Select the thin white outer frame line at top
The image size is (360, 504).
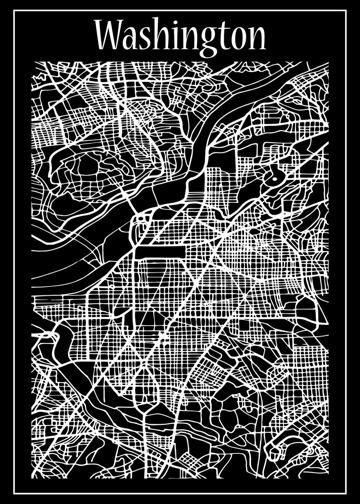(x=180, y=10)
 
